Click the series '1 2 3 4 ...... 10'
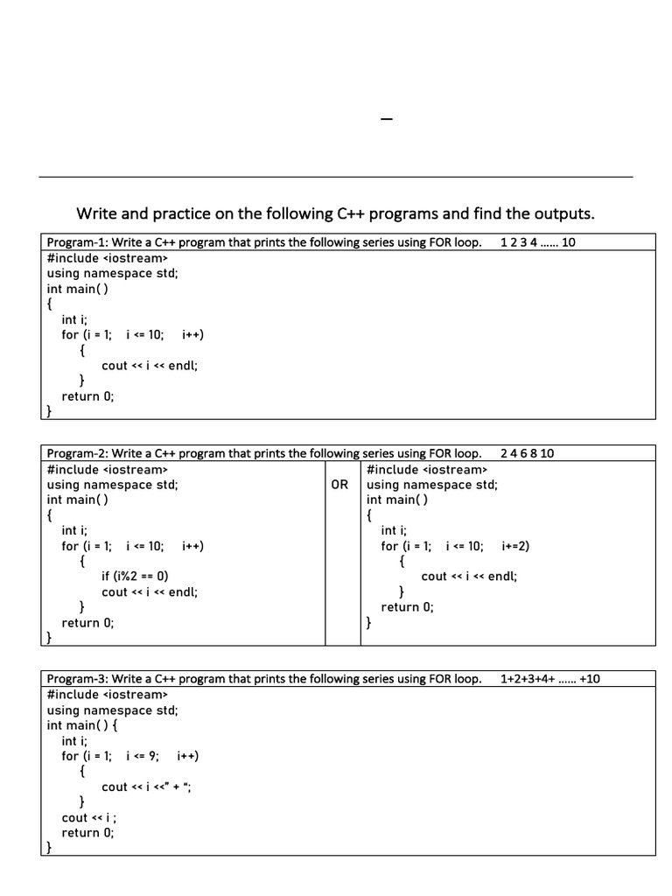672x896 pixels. pyautogui.click(x=537, y=242)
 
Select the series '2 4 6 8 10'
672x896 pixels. pyautogui.click(x=528, y=453)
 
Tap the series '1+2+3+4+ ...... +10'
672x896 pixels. pyautogui.click(x=550, y=679)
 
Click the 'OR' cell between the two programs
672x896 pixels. pyautogui.click(x=340, y=485)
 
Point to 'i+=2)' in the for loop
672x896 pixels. pyautogui.click(x=516, y=546)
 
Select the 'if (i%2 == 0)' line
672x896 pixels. pyautogui.click(x=135, y=577)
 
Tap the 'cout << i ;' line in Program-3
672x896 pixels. pyautogui.click(x=89, y=817)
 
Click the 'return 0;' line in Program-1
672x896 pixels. pyautogui.click(x=87, y=395)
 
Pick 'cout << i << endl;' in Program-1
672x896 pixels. pyautogui.click(x=150, y=365)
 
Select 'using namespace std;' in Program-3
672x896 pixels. pyautogui.click(x=112, y=710)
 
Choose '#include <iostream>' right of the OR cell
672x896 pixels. pyautogui.click(x=426, y=469)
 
